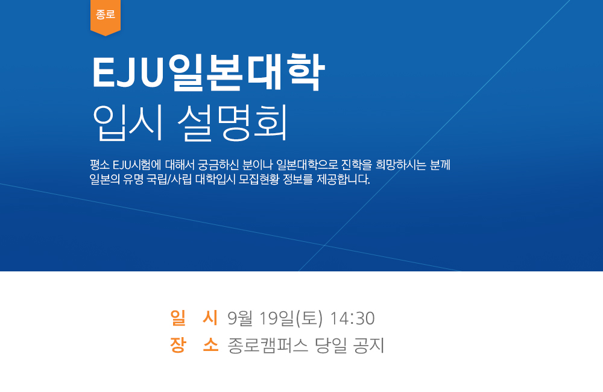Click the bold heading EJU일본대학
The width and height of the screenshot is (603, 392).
pyautogui.click(x=209, y=73)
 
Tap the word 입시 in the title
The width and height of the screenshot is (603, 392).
pyautogui.click(x=128, y=122)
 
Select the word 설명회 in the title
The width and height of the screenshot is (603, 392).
pyautogui.click(x=233, y=122)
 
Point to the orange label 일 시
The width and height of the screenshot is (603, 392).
pyautogui.click(x=194, y=318)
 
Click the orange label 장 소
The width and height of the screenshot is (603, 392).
pyautogui.click(x=194, y=345)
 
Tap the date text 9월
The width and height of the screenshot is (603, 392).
pyautogui.click(x=239, y=318)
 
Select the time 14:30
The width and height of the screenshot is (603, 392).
pyautogui.click(x=352, y=318)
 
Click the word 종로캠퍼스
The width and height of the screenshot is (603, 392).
pyautogui.click(x=268, y=345)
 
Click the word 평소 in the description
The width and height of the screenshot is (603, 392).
pyautogui.click(x=99, y=165)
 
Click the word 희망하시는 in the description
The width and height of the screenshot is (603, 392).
pyautogui.click(x=401, y=165)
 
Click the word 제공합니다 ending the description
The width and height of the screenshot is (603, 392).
pyautogui.click(x=344, y=179)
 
